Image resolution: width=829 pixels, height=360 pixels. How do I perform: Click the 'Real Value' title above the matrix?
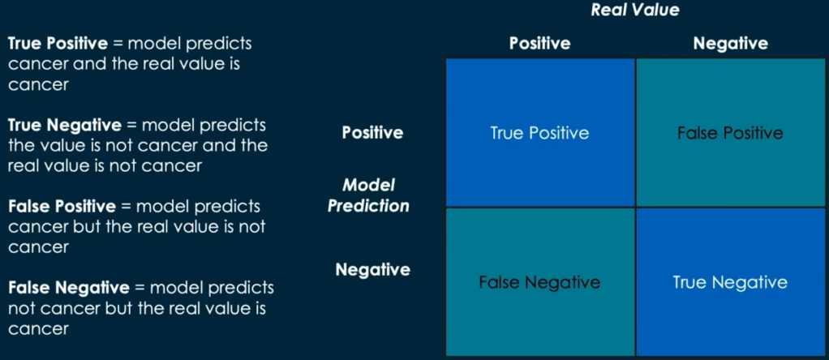(x=635, y=10)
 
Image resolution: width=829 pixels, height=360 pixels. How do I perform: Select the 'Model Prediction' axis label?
(x=368, y=195)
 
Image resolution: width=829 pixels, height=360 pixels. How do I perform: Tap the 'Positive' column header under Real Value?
(x=539, y=43)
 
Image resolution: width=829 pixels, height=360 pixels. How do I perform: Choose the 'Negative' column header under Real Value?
(x=730, y=43)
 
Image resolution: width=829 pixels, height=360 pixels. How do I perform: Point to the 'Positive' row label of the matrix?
(x=372, y=132)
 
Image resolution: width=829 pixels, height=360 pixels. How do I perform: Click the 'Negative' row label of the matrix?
(x=373, y=270)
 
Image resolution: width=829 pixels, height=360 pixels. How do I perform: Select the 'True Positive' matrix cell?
(x=539, y=132)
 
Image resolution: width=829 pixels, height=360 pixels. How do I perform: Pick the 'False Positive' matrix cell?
(x=731, y=132)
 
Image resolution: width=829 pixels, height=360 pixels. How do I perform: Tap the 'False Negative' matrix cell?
(x=539, y=282)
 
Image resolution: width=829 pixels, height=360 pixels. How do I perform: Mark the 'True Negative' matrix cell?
(x=731, y=282)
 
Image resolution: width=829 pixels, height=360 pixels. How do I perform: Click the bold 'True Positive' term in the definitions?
(x=58, y=43)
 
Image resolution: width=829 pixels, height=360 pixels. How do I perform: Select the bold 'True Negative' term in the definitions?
(x=65, y=126)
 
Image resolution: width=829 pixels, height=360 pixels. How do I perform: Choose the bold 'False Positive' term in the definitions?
(x=62, y=206)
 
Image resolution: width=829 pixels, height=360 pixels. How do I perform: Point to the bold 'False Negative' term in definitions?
(x=68, y=288)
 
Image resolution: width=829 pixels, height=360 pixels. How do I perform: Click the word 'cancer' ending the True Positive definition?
(x=38, y=84)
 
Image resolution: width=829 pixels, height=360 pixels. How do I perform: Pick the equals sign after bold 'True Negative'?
(x=131, y=126)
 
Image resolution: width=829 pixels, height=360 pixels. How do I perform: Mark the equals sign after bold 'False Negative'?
(x=140, y=288)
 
